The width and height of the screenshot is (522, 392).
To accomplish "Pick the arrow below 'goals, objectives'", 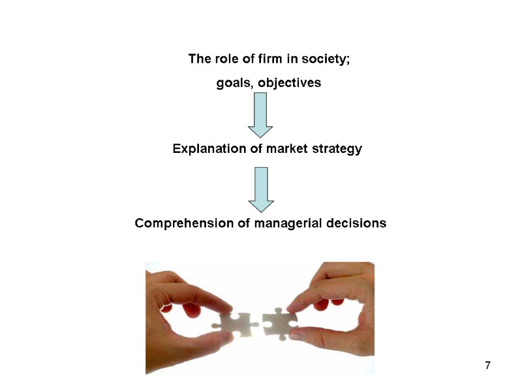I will click(x=260, y=114).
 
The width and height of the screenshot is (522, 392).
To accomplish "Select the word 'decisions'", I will click(x=356, y=223).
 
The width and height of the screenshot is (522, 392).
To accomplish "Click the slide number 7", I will click(x=487, y=364).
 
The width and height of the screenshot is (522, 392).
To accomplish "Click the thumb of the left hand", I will click(x=202, y=340).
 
